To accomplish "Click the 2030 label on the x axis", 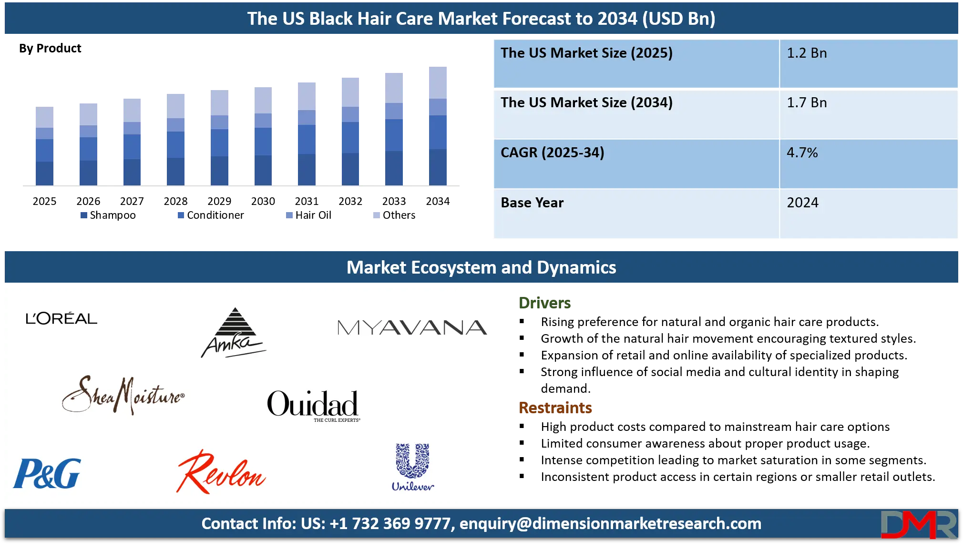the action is [x=263, y=201].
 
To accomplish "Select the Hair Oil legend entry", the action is [x=308, y=215].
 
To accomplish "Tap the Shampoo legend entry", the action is [x=108, y=215].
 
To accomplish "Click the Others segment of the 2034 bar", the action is [x=438, y=82].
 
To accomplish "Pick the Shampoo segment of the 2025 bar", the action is [x=44, y=173].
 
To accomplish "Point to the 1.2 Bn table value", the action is [x=807, y=53].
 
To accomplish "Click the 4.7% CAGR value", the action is [x=802, y=153].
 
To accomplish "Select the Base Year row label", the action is [x=532, y=203].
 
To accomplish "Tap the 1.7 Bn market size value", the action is [x=807, y=102].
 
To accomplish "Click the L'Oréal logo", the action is [x=61, y=318].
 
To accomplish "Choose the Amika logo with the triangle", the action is [x=234, y=333].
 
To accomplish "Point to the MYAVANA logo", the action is [x=412, y=327].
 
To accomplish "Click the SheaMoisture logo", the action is [x=123, y=395].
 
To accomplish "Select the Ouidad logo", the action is [x=313, y=405].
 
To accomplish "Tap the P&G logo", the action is [x=47, y=473].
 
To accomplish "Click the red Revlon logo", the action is [x=221, y=472].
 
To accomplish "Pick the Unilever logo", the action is [x=413, y=467].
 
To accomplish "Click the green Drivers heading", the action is [x=544, y=303].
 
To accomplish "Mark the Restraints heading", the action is [x=555, y=408].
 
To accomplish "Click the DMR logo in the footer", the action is [x=919, y=524].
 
